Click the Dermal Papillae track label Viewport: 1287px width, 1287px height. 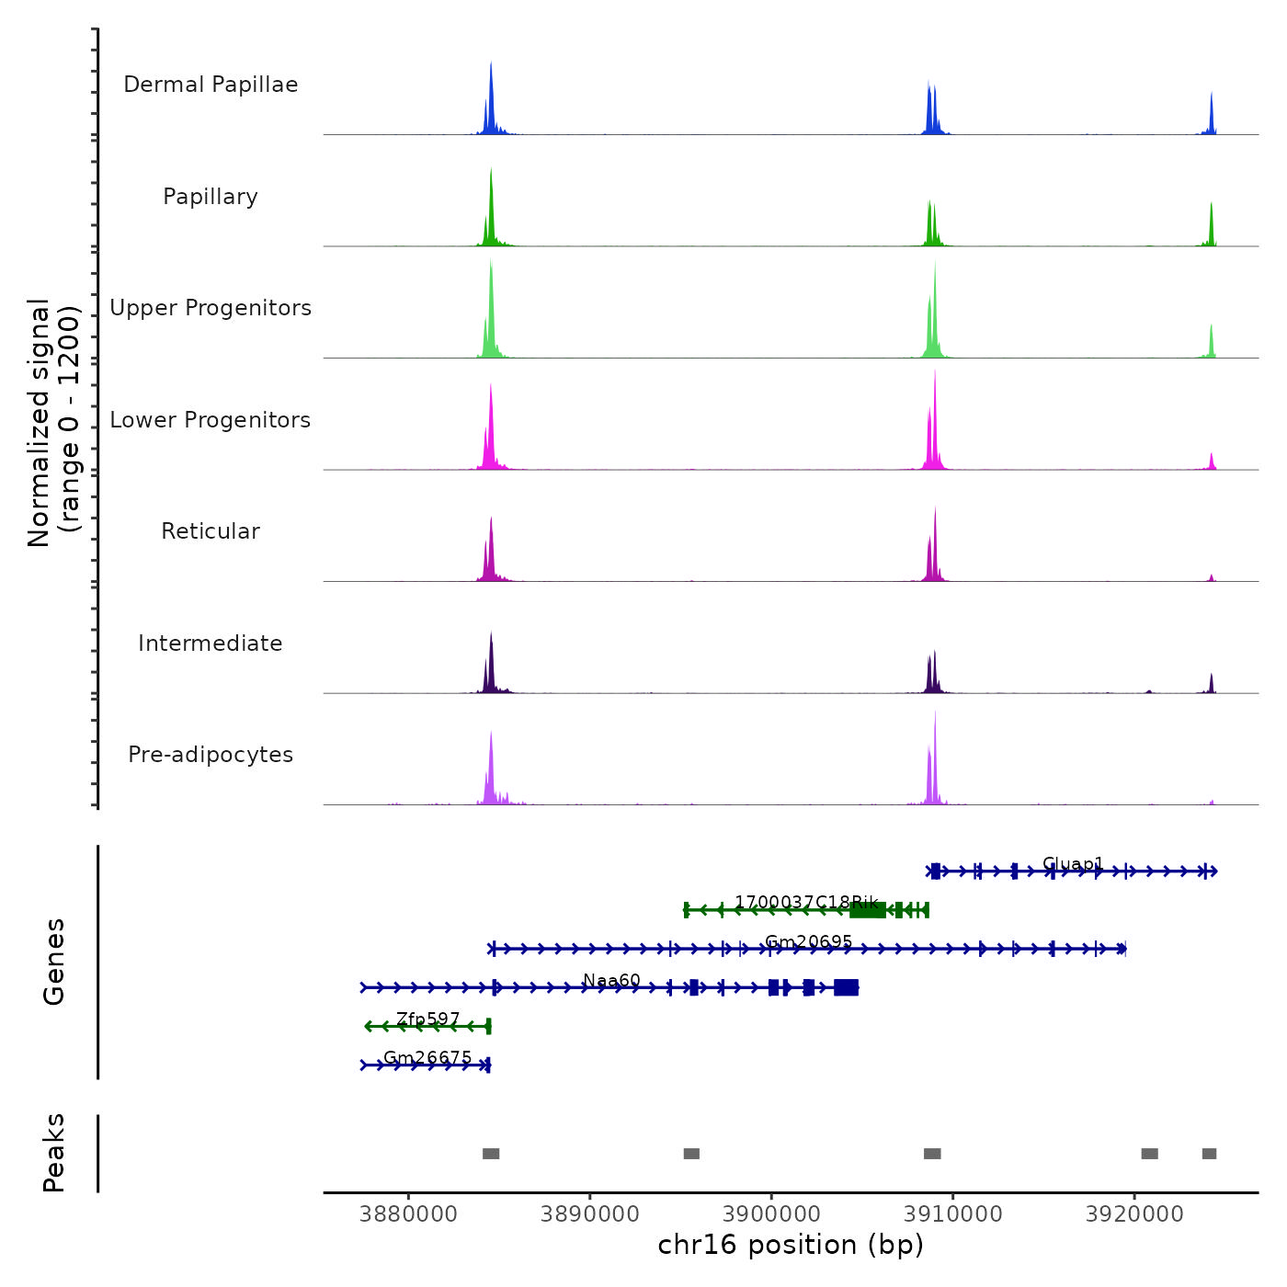coord(211,85)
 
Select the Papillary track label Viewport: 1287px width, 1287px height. coord(211,197)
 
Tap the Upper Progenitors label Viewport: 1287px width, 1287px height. coord(211,308)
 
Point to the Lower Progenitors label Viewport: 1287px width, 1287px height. coord(211,420)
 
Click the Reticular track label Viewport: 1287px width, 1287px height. coord(211,531)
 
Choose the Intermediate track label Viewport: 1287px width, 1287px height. coord(211,643)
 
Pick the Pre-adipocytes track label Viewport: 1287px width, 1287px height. coord(211,755)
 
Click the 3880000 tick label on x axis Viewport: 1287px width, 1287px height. coord(409,1213)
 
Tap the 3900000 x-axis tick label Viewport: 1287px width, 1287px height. coord(771,1213)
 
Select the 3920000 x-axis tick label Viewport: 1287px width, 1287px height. coord(1134,1213)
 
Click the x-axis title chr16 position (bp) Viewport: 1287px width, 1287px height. coord(791,1245)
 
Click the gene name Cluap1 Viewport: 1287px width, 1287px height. coord(1073,864)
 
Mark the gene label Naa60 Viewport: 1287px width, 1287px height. coord(611,981)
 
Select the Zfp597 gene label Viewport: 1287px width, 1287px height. coord(427,1019)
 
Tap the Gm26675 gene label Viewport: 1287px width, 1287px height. coord(427,1058)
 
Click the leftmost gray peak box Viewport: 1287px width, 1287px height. coord(491,1154)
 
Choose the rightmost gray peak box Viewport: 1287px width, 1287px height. coord(1209,1154)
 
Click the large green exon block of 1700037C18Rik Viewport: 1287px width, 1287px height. coord(868,910)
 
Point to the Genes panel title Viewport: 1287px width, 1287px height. coord(54,962)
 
